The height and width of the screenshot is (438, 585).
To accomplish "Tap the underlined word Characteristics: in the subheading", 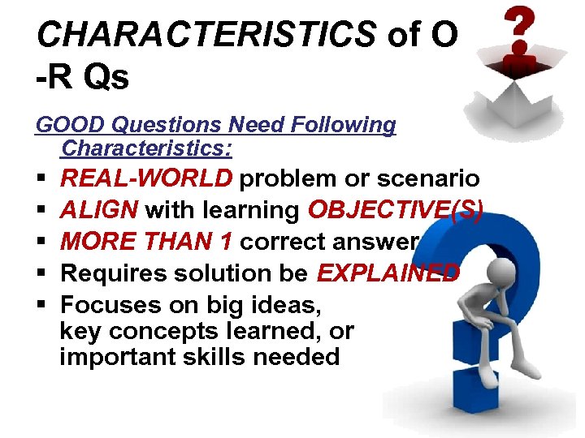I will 146,148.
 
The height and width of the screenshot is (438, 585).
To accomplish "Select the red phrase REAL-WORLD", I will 147,178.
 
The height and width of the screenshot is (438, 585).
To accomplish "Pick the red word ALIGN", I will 100,210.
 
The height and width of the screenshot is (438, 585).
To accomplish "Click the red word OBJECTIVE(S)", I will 396,210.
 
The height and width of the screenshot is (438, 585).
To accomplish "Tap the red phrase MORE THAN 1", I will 147,242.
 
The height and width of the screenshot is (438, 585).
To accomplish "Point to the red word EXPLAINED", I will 388,273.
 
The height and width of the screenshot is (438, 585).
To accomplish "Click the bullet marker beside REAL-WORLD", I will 40,178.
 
